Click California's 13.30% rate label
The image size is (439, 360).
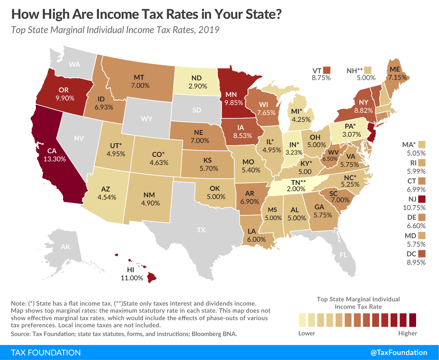coord(55,159)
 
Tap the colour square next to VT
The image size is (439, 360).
coord(327,70)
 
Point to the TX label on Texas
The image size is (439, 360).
coord(201,230)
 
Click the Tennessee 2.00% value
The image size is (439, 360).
coord(296,189)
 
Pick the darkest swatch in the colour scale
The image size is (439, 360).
coord(412,320)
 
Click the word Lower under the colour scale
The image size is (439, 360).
coord(306,333)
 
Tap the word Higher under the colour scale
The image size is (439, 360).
coord(407,333)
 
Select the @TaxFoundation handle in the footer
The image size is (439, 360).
coord(399,353)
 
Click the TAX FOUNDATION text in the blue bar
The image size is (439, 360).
coord(46,353)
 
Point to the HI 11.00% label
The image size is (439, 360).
coord(132,274)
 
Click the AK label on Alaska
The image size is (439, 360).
coord(65,247)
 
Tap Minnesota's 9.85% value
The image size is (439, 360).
coord(234,103)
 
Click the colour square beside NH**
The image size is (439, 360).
coord(367,70)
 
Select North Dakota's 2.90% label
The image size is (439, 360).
coord(198,86)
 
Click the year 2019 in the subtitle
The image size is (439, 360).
coord(209,30)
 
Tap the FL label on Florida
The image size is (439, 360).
coord(343,255)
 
